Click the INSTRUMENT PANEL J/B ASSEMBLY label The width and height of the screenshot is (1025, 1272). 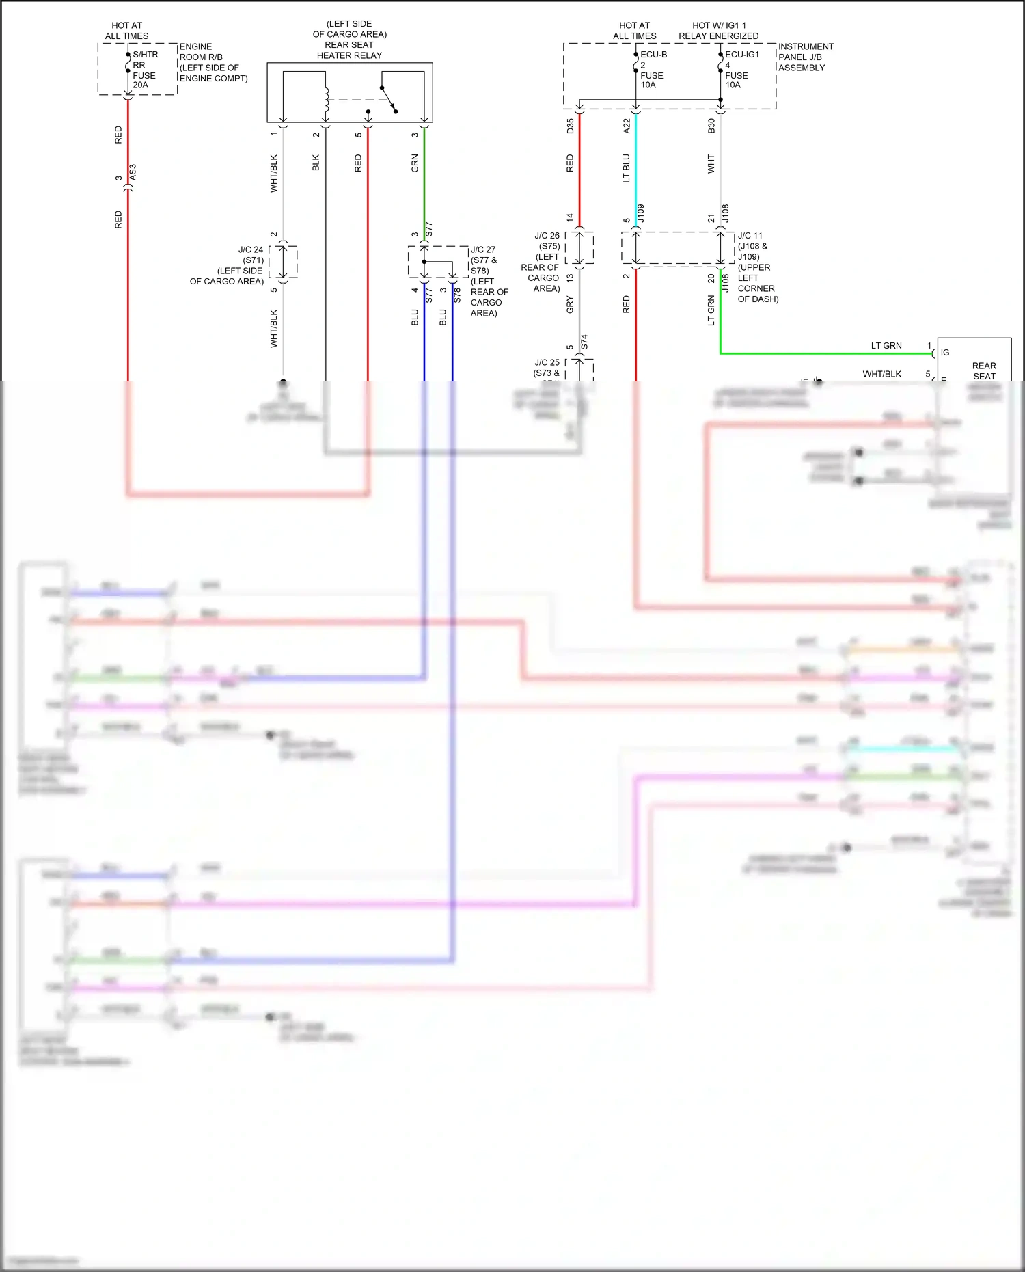pos(805,57)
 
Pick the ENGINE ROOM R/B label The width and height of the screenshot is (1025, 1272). pos(213,62)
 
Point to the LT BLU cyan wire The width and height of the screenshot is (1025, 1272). pos(636,171)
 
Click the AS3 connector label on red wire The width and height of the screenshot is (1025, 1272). pos(133,172)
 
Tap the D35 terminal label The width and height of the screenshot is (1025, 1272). pos(571,126)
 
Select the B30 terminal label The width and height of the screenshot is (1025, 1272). pos(711,126)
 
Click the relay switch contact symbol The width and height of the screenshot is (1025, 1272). pos(389,99)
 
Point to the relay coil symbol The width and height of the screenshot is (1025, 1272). pos(327,100)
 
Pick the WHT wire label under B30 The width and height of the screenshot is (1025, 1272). pos(711,164)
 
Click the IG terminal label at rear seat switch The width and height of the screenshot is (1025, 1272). pos(945,353)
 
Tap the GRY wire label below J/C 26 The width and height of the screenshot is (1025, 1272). pos(571,305)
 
